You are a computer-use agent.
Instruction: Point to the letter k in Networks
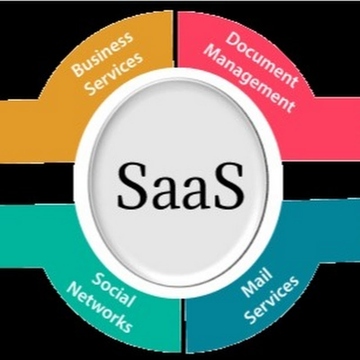coord(116,320)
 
